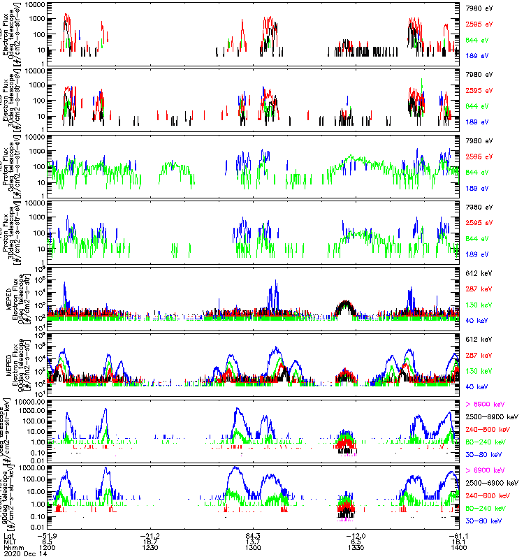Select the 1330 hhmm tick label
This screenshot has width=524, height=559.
[x=354, y=547]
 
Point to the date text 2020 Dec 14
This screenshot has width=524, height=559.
[x=22, y=553]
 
